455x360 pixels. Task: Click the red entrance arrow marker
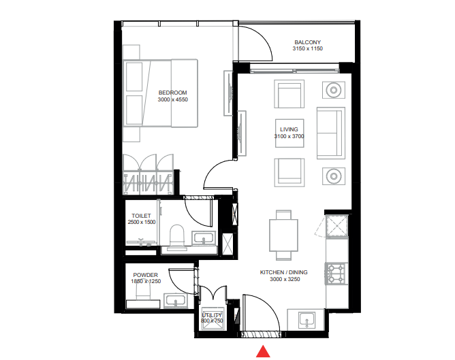(264, 351)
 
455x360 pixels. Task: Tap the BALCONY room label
(307, 41)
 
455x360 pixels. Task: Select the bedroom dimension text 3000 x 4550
(172, 100)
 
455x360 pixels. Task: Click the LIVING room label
(289, 129)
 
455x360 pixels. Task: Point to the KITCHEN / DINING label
(283, 272)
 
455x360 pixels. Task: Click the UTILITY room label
(213, 315)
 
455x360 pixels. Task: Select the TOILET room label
(141, 215)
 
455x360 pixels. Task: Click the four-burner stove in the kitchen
(336, 274)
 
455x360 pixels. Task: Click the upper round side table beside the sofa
(333, 89)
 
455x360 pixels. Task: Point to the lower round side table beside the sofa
(333, 176)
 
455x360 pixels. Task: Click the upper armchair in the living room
(289, 94)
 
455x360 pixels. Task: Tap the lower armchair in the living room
(289, 171)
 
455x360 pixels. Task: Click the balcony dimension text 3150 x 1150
(307, 49)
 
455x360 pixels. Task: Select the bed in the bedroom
(161, 93)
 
